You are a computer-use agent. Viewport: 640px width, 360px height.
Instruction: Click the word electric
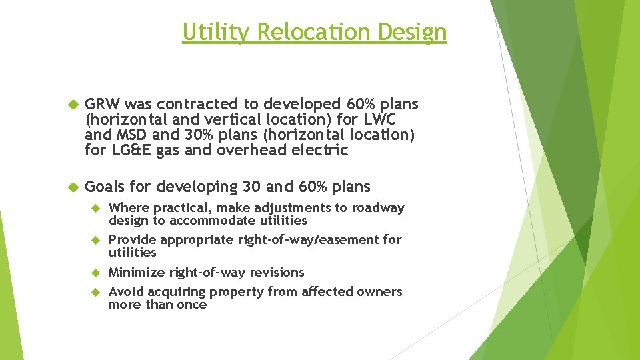[x=323, y=150]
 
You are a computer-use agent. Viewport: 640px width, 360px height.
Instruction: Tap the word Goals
[x=105, y=187]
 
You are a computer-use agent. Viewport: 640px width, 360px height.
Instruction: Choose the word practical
[x=171, y=208]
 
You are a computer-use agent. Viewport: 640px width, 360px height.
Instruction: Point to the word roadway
[x=379, y=208]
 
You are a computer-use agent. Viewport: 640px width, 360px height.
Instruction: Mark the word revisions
[x=277, y=272]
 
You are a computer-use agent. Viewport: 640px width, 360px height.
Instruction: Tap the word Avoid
[x=125, y=291]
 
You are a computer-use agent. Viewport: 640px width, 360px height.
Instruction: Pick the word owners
[x=382, y=291]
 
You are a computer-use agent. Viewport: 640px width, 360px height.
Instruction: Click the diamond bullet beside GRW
[x=73, y=105]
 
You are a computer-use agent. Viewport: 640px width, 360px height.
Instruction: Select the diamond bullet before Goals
[x=73, y=187]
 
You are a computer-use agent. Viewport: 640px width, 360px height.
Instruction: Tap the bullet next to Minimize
[x=95, y=273]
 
